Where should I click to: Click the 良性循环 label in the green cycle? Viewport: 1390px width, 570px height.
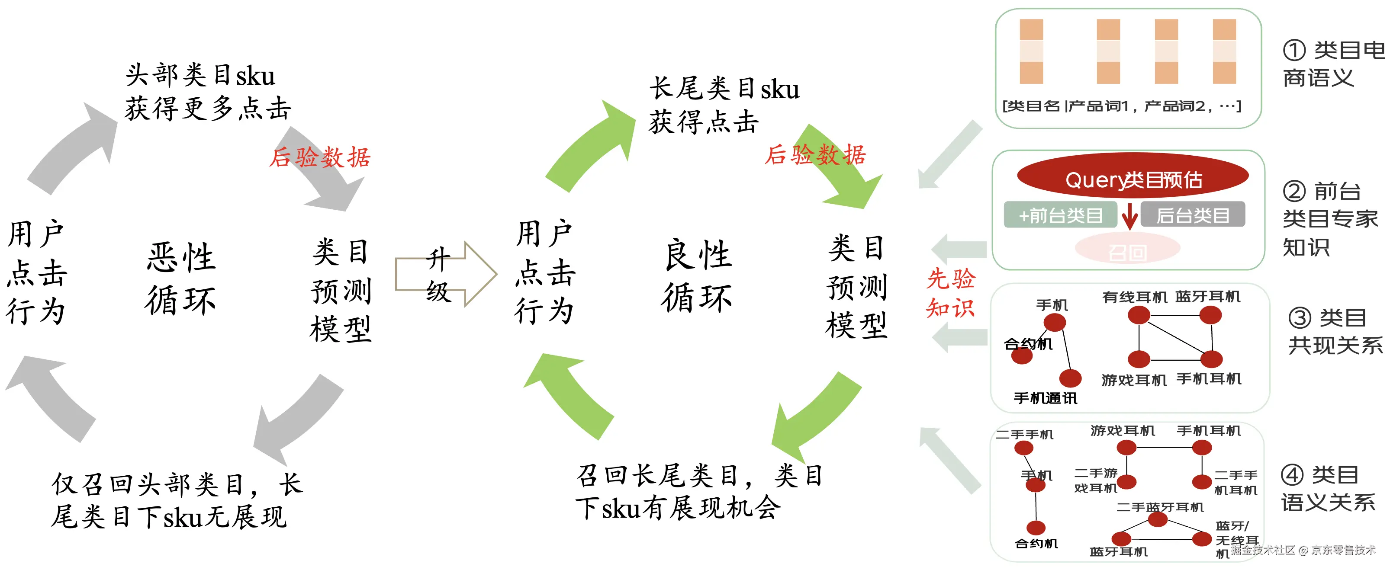coord(697,276)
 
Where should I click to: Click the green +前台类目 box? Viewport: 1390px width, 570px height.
coord(1060,216)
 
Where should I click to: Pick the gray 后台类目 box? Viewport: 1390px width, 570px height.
coord(1193,215)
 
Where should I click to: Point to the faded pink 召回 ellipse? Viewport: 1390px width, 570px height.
coord(1128,251)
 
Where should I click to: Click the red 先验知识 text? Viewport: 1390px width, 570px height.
coord(950,293)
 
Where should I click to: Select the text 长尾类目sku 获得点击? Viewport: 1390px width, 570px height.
coord(723,105)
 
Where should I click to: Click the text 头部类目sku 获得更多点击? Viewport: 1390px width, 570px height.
coord(208,92)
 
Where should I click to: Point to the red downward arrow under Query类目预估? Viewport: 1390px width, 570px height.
coord(1129,218)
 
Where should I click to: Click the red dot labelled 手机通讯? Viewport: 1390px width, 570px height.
coord(1070,378)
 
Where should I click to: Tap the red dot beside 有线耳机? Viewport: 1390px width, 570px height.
coord(1139,315)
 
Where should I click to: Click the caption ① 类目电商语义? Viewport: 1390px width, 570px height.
coord(1333,64)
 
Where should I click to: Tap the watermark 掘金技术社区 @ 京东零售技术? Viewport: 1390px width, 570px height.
coord(1303,550)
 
